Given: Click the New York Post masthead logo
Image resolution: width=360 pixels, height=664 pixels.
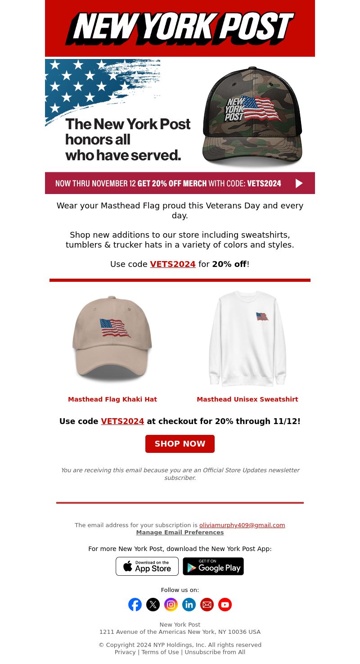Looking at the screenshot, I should [180, 28].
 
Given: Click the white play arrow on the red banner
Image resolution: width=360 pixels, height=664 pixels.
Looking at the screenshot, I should [299, 183].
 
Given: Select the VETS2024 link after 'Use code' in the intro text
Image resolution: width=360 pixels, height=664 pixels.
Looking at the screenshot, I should [173, 264].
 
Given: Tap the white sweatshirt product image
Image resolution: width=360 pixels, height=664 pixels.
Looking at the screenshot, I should [247, 339].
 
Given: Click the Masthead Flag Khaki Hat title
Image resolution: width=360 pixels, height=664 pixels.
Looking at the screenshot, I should [112, 399].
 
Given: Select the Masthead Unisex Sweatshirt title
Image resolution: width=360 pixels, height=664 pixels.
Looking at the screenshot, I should [247, 399].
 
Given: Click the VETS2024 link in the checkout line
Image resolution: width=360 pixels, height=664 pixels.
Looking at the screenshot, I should [122, 421].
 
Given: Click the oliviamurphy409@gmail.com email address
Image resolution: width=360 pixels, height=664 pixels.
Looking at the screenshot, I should [242, 525].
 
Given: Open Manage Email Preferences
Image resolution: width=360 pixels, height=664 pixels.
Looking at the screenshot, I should [180, 533].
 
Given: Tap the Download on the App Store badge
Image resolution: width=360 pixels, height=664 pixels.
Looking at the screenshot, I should [147, 566].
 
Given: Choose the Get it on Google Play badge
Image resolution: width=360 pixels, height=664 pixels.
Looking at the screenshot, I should [213, 566].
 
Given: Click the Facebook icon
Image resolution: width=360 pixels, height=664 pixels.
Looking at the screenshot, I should [135, 605].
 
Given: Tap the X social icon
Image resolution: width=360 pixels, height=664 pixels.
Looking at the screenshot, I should [153, 605].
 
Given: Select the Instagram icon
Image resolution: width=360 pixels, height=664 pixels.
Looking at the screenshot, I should [171, 605].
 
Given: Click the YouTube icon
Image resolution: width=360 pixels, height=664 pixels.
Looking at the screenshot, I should [225, 605].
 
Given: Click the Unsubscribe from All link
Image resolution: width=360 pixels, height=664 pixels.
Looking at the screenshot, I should [215, 652].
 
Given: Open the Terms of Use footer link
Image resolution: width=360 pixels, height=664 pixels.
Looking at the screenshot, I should [160, 652].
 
